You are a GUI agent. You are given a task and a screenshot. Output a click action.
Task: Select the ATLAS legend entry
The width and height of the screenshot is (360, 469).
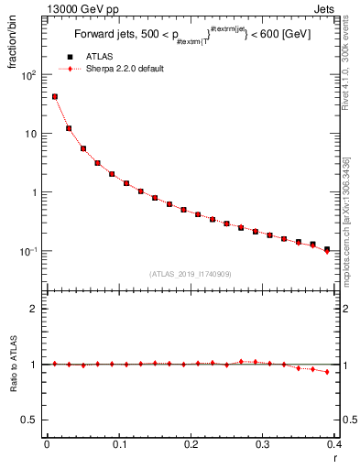[100, 57]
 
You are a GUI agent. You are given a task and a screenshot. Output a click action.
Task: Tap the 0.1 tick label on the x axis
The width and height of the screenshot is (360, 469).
[119, 446]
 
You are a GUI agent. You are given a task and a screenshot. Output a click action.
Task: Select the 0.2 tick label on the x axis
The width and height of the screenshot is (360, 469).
[191, 446]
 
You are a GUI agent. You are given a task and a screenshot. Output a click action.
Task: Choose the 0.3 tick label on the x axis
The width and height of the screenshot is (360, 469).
[263, 446]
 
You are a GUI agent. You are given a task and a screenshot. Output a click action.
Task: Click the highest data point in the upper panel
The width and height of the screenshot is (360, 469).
[55, 96]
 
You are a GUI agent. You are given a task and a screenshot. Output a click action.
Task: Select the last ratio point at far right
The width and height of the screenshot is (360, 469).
[327, 372]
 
